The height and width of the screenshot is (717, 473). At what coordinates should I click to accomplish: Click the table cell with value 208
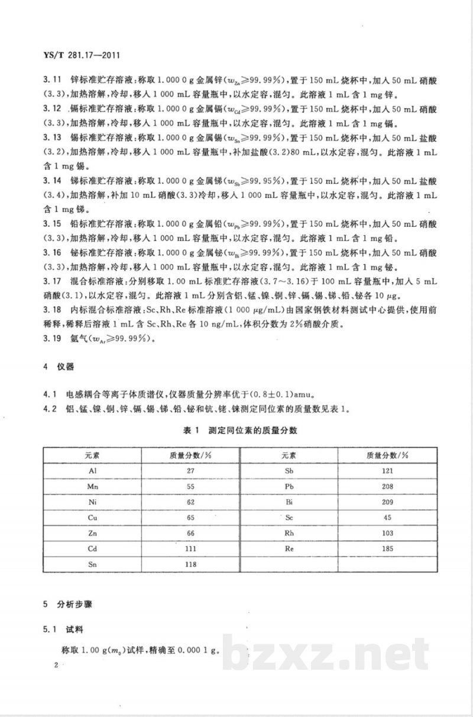tap(388, 487)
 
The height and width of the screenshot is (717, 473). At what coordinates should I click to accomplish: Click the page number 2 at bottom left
tap(55, 665)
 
